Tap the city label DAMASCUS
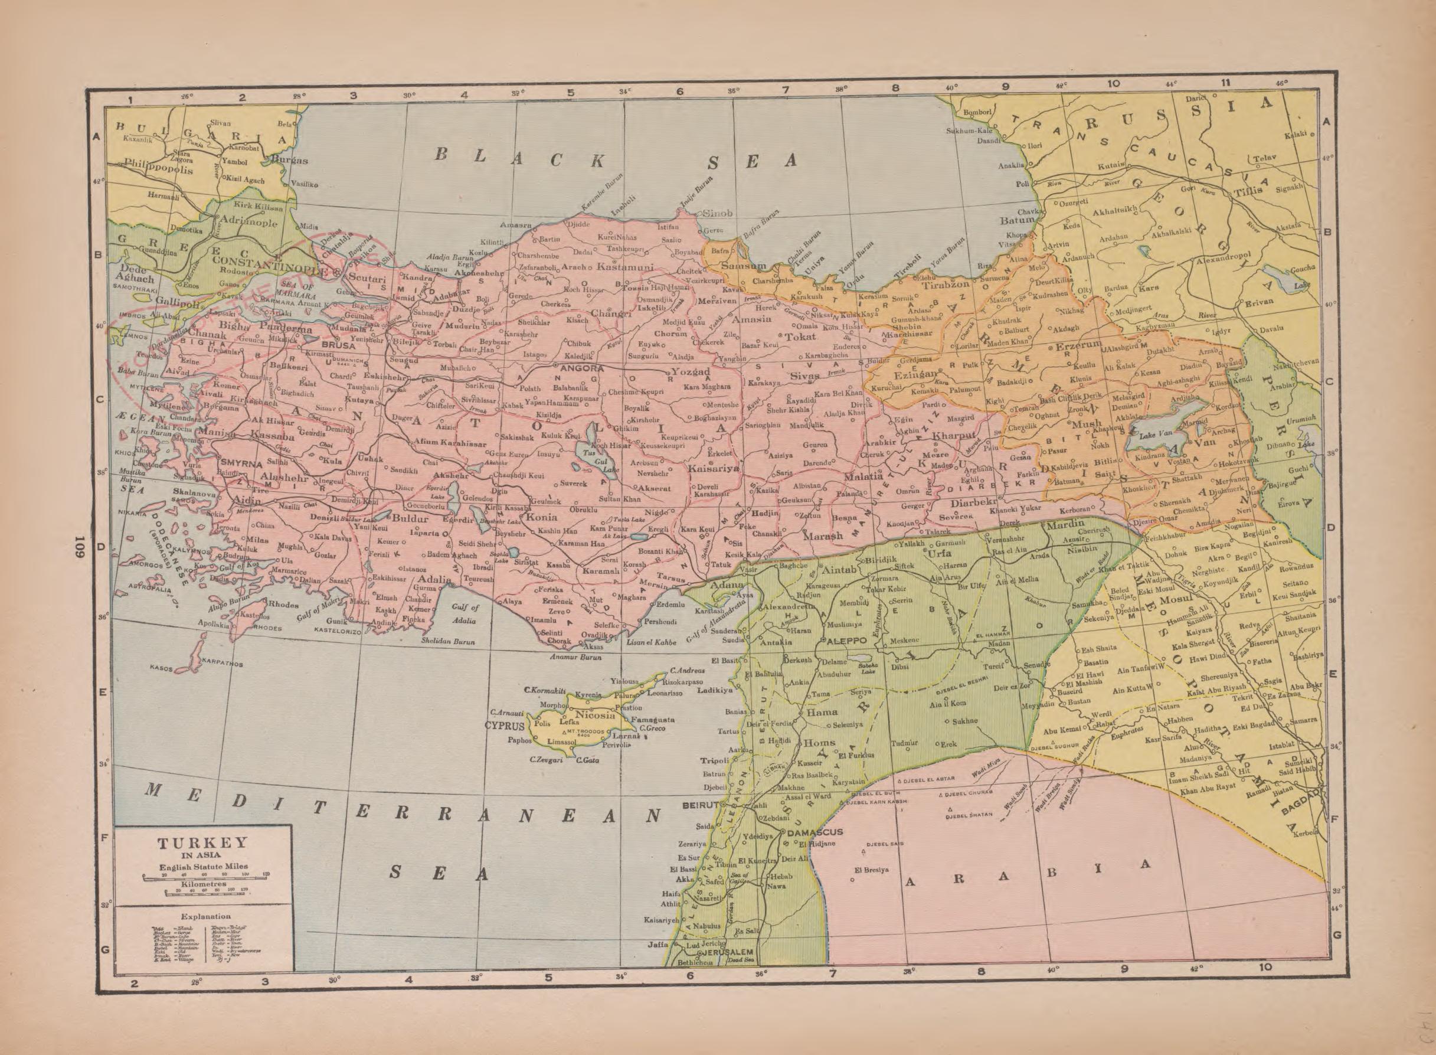(816, 832)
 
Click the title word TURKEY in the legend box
(202, 843)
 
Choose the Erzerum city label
(1078, 345)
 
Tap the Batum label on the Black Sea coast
(1016, 220)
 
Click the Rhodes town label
(282, 603)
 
